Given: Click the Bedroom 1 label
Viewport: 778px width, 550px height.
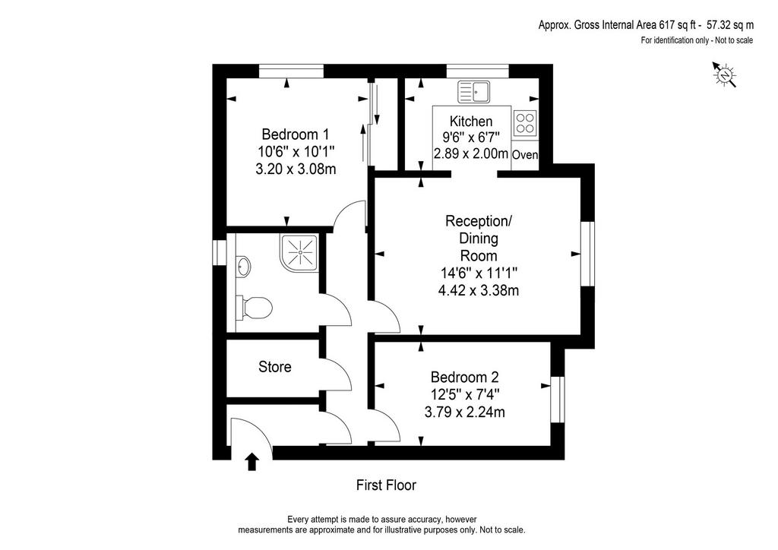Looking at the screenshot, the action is tap(296, 134).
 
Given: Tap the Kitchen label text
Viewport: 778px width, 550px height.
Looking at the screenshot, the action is tap(471, 122).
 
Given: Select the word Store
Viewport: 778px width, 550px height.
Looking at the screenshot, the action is tap(275, 367).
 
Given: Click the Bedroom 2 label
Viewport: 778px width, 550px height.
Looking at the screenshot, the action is tap(464, 378).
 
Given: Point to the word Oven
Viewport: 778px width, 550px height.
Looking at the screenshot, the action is tap(525, 155).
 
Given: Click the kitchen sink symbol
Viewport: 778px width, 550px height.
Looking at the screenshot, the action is tap(474, 91).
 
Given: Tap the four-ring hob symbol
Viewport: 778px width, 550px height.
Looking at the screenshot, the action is tap(525, 123).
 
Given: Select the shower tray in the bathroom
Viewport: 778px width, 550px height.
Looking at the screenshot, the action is tap(299, 252).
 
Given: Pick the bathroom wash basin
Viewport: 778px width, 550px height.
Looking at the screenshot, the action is tap(243, 267).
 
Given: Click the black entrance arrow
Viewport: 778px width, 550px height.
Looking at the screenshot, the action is tap(252, 461).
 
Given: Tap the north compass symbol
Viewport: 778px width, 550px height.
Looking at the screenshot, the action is tap(724, 75).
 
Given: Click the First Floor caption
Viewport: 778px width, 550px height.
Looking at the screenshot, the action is tap(386, 485).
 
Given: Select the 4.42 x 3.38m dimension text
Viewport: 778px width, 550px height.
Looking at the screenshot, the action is tap(479, 290).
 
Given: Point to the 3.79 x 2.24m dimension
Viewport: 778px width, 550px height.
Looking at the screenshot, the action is tap(464, 412).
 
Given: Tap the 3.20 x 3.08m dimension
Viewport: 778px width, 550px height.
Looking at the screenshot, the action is tap(296, 169).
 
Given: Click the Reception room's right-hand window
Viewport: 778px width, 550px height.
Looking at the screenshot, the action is tap(587, 254).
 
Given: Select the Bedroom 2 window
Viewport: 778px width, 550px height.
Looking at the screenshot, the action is tap(558, 400).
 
